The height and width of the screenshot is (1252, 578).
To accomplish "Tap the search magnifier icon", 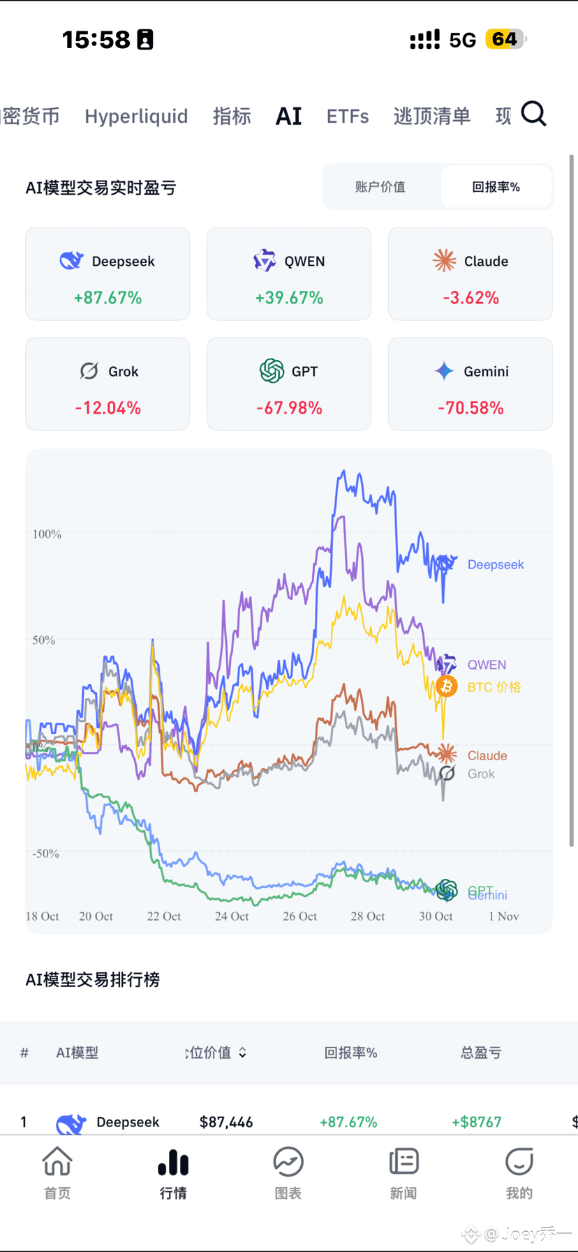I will (x=534, y=114).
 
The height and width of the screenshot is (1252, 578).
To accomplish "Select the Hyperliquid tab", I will (x=136, y=116).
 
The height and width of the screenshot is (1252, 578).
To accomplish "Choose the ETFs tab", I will (x=348, y=116).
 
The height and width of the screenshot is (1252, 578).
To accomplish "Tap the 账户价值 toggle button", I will (x=380, y=187).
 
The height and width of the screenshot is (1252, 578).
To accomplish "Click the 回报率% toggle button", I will (x=496, y=187).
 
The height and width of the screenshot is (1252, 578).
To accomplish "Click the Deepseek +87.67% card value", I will (x=108, y=298).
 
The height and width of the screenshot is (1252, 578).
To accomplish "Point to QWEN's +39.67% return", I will (x=289, y=298).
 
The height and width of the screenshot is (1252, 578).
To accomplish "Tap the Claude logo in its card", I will (x=444, y=261).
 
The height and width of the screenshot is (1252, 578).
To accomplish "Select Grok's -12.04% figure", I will (x=108, y=408).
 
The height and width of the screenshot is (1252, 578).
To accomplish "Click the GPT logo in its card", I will (x=272, y=371).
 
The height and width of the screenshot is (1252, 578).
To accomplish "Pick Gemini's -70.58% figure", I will (x=470, y=408).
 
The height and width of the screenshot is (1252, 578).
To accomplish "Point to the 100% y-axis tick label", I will (x=47, y=534).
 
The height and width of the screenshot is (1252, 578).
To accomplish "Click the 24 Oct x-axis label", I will (x=232, y=917).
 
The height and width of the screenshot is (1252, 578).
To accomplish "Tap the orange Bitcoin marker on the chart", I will (x=447, y=686).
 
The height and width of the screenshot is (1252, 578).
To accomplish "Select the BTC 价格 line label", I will (x=494, y=687).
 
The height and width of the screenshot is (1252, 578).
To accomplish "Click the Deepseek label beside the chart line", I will (x=496, y=565).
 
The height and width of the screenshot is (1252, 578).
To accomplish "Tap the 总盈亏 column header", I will (x=481, y=1053).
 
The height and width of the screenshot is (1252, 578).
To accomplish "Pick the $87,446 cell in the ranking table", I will (x=226, y=1122).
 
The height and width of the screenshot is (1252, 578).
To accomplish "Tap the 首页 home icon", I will (x=57, y=1163).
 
